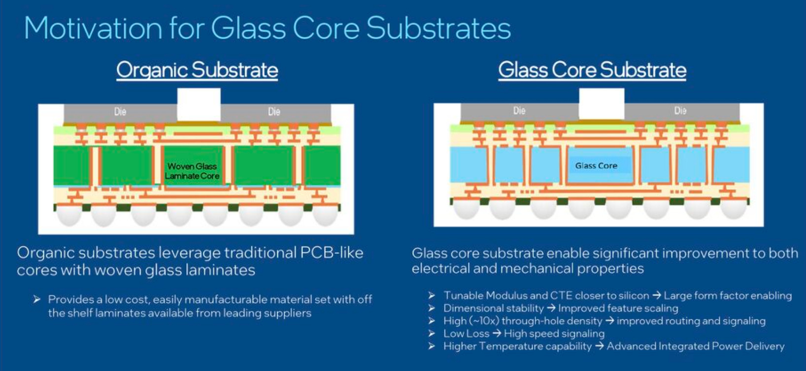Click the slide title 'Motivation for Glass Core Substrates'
pos(267,28)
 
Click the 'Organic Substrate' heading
pos(197,70)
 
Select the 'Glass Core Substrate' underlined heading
pos(592,70)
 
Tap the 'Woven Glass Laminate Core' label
pos(192,171)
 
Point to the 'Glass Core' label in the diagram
pos(596,166)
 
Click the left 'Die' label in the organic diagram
pos(120,112)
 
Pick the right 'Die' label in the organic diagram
pos(274,112)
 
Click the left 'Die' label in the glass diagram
pos(519,111)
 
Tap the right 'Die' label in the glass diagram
pos(680,111)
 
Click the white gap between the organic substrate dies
pos(199,104)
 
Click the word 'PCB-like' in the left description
pos(332,252)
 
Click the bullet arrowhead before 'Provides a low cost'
pos(37,300)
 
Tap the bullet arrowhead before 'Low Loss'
pos(432,334)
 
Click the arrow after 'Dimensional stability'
pos(551,308)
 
